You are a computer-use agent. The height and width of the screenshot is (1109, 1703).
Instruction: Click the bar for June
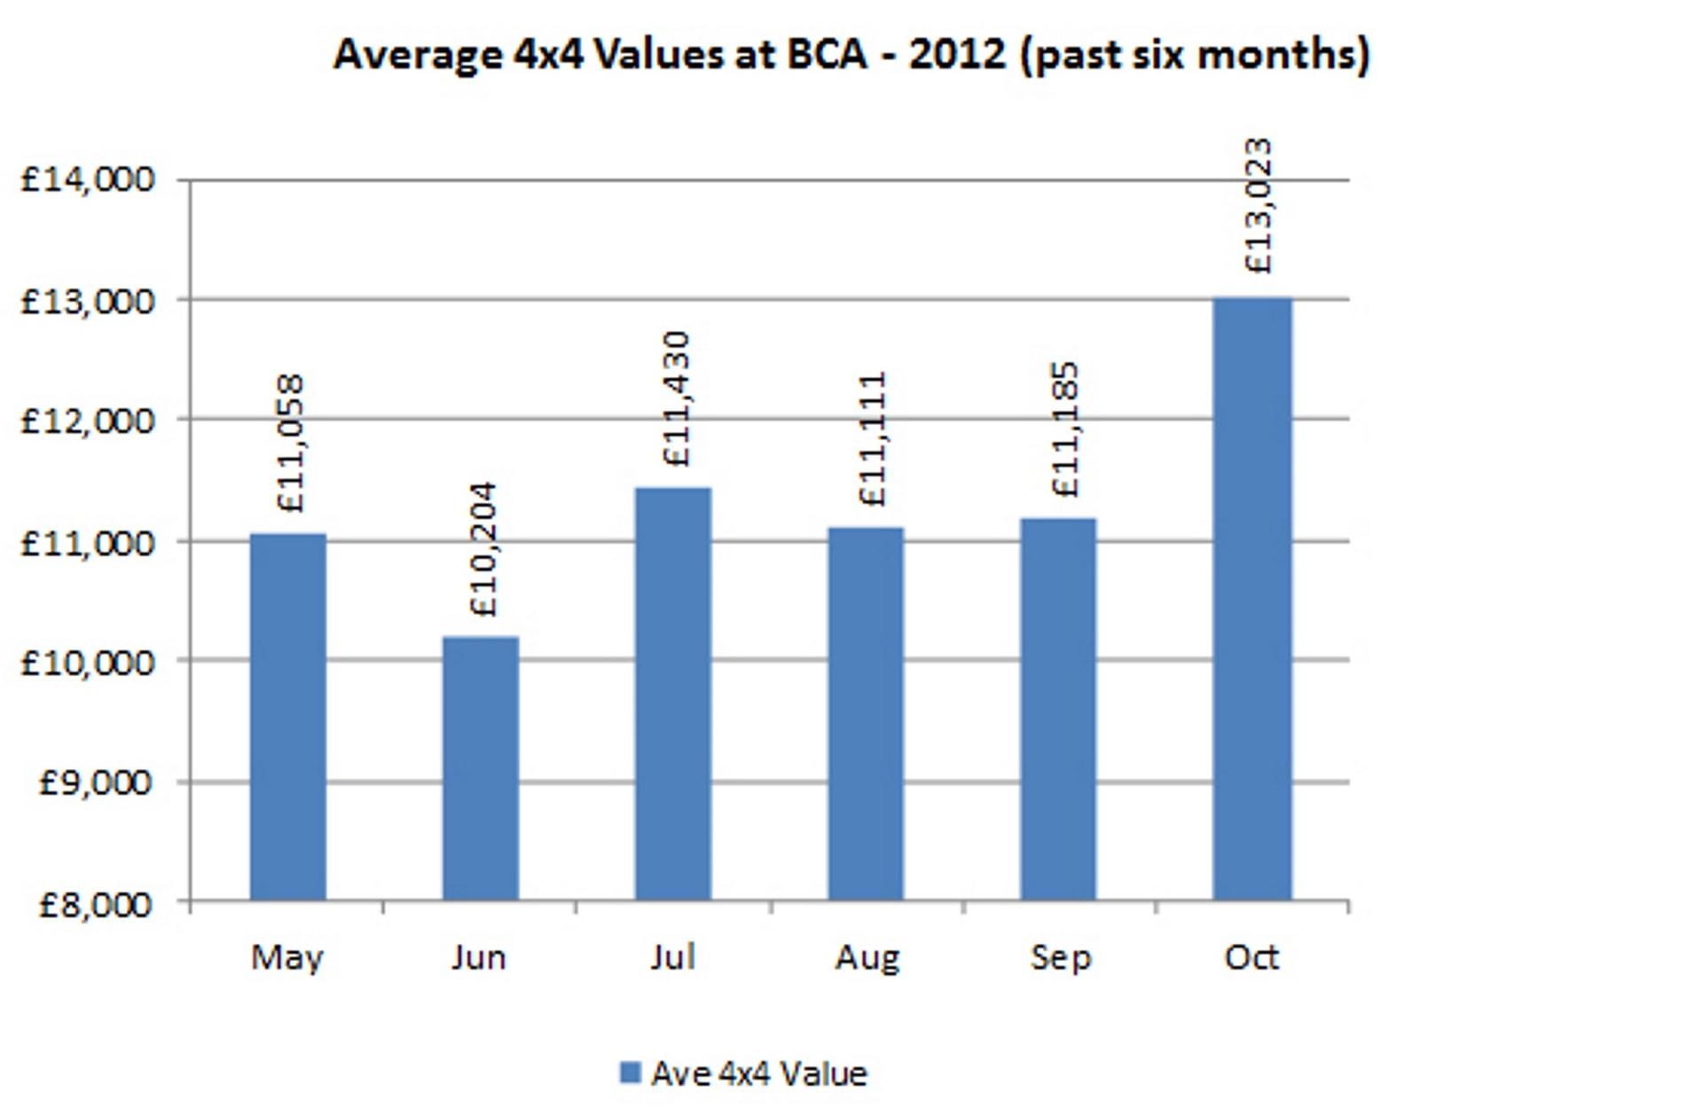tap(481, 768)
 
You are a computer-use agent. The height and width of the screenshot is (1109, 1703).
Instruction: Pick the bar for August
tap(867, 713)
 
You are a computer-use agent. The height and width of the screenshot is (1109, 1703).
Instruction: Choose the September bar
tap(1059, 709)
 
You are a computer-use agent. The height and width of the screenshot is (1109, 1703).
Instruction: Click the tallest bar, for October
tap(1252, 599)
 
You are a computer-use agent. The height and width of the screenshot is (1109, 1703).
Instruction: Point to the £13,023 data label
tap(1258, 206)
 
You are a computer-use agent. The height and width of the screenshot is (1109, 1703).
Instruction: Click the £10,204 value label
tap(484, 549)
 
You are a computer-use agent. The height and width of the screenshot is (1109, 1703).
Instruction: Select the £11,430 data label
tap(677, 398)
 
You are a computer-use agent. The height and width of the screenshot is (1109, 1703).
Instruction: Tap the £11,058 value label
tap(291, 444)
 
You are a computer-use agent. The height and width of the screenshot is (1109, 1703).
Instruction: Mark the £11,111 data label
tap(873, 439)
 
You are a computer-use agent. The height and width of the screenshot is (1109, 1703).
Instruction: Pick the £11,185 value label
tap(1065, 429)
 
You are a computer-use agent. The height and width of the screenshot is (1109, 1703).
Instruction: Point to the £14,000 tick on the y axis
tap(87, 180)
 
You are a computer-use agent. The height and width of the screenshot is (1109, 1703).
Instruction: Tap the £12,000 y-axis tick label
tap(87, 421)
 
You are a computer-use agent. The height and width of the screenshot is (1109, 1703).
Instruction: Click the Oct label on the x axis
tap(1252, 957)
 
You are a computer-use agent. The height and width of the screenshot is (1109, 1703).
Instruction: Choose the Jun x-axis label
tap(479, 957)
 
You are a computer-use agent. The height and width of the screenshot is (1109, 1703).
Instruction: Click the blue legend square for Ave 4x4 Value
tap(630, 1074)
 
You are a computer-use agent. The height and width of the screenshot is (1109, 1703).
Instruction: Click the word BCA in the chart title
tap(826, 54)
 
